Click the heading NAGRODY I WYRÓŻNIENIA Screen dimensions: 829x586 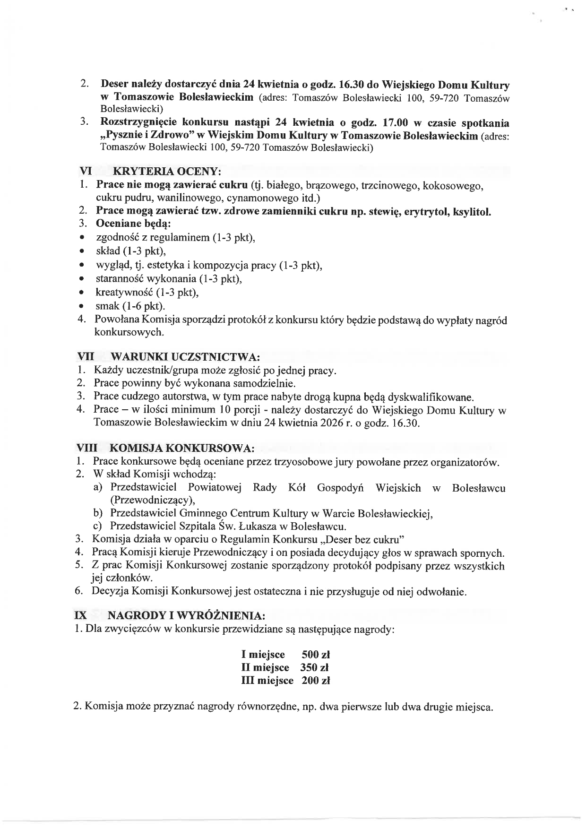pyautogui.click(x=186, y=615)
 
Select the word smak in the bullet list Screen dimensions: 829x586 pyautogui.click(x=107, y=306)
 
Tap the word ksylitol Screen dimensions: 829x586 pyautogui.click(x=472, y=211)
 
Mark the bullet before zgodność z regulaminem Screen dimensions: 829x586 pyautogui.click(x=83, y=238)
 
